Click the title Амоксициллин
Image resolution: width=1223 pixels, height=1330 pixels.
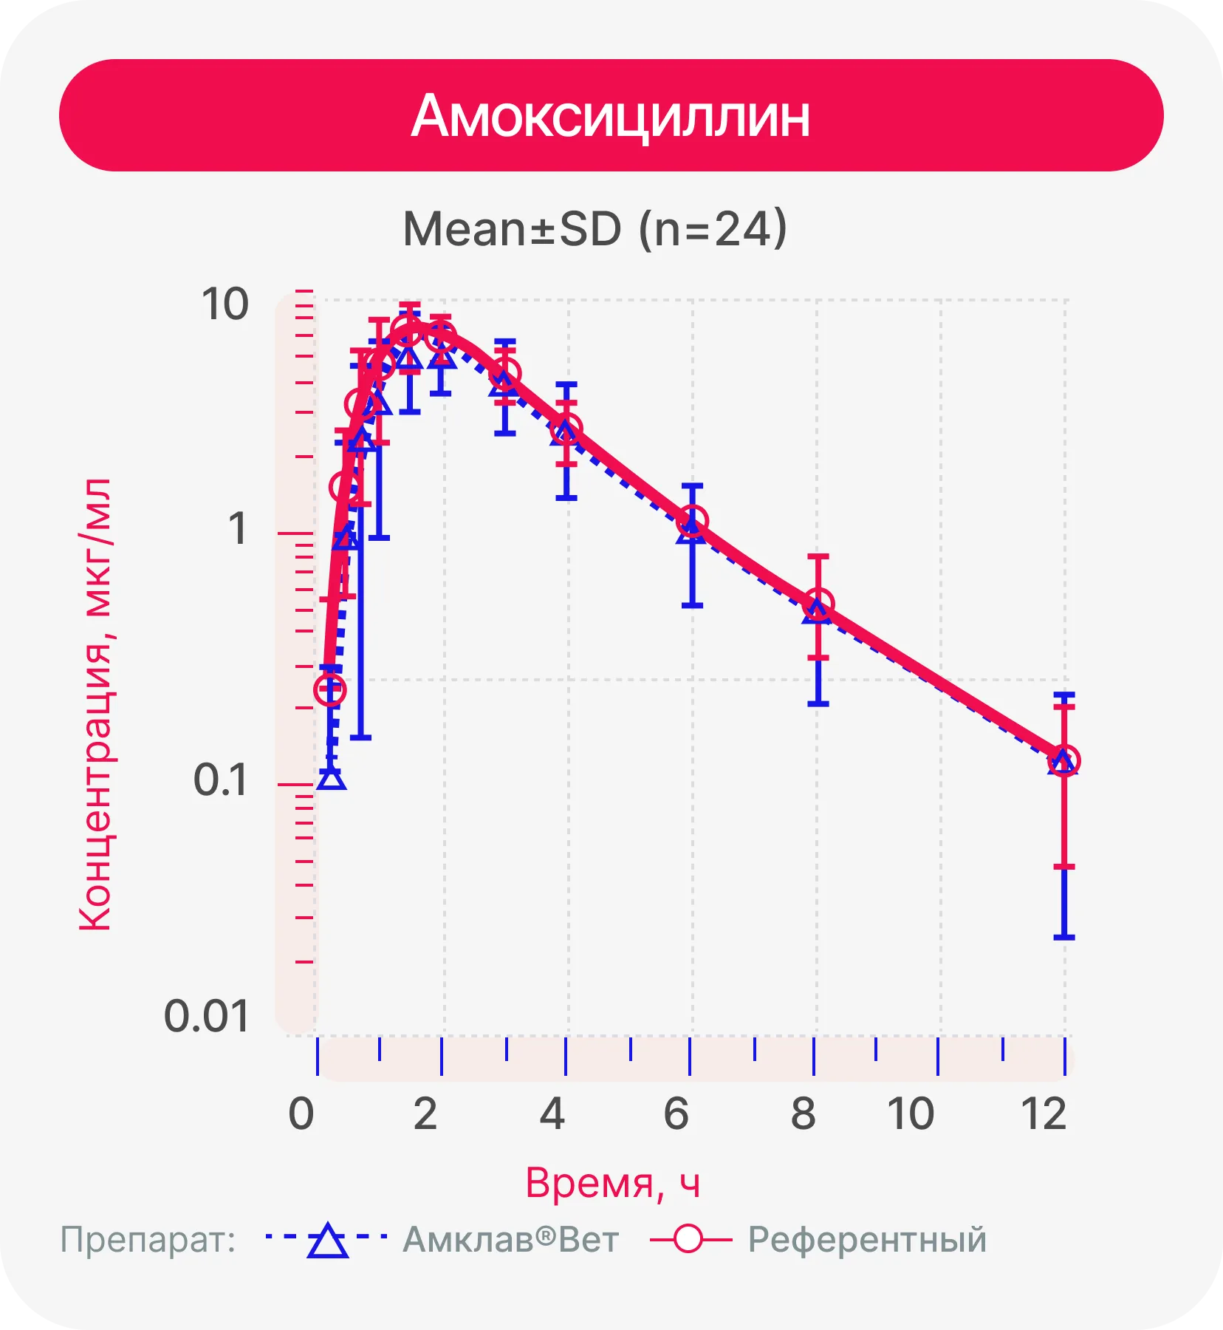[611, 117]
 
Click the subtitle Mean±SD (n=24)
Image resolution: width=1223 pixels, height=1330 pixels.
[595, 229]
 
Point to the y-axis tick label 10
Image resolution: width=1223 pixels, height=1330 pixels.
[225, 304]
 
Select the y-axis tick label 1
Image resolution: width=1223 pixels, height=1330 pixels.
[237, 529]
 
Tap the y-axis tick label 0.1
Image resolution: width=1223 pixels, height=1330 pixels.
[220, 780]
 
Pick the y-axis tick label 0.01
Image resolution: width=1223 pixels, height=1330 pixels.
[206, 1017]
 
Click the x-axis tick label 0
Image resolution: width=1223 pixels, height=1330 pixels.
[301, 1114]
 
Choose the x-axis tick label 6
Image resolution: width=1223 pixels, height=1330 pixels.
[676, 1114]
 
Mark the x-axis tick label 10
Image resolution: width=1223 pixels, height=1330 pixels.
[911, 1114]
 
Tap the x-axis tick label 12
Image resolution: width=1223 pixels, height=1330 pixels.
[1044, 1114]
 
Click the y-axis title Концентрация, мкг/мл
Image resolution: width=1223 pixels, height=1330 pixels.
[95, 704]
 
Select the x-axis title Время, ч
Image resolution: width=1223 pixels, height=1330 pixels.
[612, 1183]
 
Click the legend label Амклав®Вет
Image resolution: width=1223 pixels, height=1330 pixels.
[510, 1240]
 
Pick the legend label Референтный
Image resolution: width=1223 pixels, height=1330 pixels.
[867, 1240]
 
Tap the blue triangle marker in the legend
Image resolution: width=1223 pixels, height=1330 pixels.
[327, 1241]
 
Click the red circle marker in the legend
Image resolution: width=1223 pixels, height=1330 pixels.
[688, 1239]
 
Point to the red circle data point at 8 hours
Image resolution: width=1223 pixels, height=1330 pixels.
[818, 604]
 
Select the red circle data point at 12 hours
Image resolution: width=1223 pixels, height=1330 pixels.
[1064, 760]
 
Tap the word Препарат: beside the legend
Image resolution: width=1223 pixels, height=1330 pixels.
[148, 1240]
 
